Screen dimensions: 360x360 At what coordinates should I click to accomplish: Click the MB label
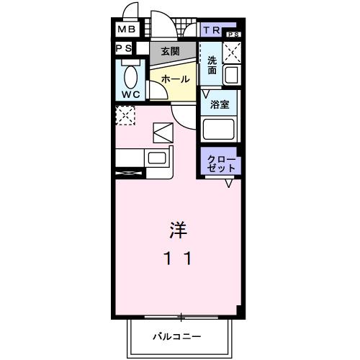[127, 30]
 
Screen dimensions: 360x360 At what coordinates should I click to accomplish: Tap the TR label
[212, 30]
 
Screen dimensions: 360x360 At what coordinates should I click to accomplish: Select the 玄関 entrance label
[170, 51]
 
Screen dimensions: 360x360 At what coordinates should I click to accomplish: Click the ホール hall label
[175, 78]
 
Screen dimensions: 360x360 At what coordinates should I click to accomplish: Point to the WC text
[130, 94]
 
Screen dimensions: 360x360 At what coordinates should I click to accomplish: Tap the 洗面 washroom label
[212, 66]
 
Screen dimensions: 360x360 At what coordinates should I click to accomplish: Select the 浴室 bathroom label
[220, 105]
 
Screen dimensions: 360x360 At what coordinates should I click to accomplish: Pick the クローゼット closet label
[221, 163]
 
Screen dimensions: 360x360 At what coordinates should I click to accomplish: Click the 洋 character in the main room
[179, 230]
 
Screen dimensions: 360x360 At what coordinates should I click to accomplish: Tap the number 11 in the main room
[179, 258]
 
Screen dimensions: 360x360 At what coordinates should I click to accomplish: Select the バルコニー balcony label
[177, 336]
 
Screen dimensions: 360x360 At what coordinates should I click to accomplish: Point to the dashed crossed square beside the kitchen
[125, 114]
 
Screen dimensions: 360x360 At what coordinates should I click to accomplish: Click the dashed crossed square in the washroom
[232, 51]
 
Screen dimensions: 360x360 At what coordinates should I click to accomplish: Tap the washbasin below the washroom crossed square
[231, 74]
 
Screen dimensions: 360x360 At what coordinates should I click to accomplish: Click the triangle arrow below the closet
[228, 184]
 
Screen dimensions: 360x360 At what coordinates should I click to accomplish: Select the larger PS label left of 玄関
[123, 48]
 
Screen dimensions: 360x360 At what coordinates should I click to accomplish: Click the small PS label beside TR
[232, 35]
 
